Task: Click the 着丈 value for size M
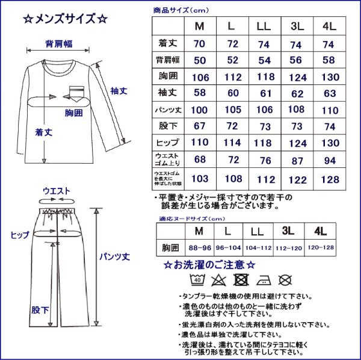point(199,44)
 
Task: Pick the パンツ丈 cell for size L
point(230,110)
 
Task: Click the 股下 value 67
point(199,127)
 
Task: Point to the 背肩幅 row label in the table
point(168,61)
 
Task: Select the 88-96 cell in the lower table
point(199,247)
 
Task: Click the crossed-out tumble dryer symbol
point(241,279)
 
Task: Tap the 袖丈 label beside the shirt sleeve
point(118,91)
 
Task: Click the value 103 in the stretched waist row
point(199,179)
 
